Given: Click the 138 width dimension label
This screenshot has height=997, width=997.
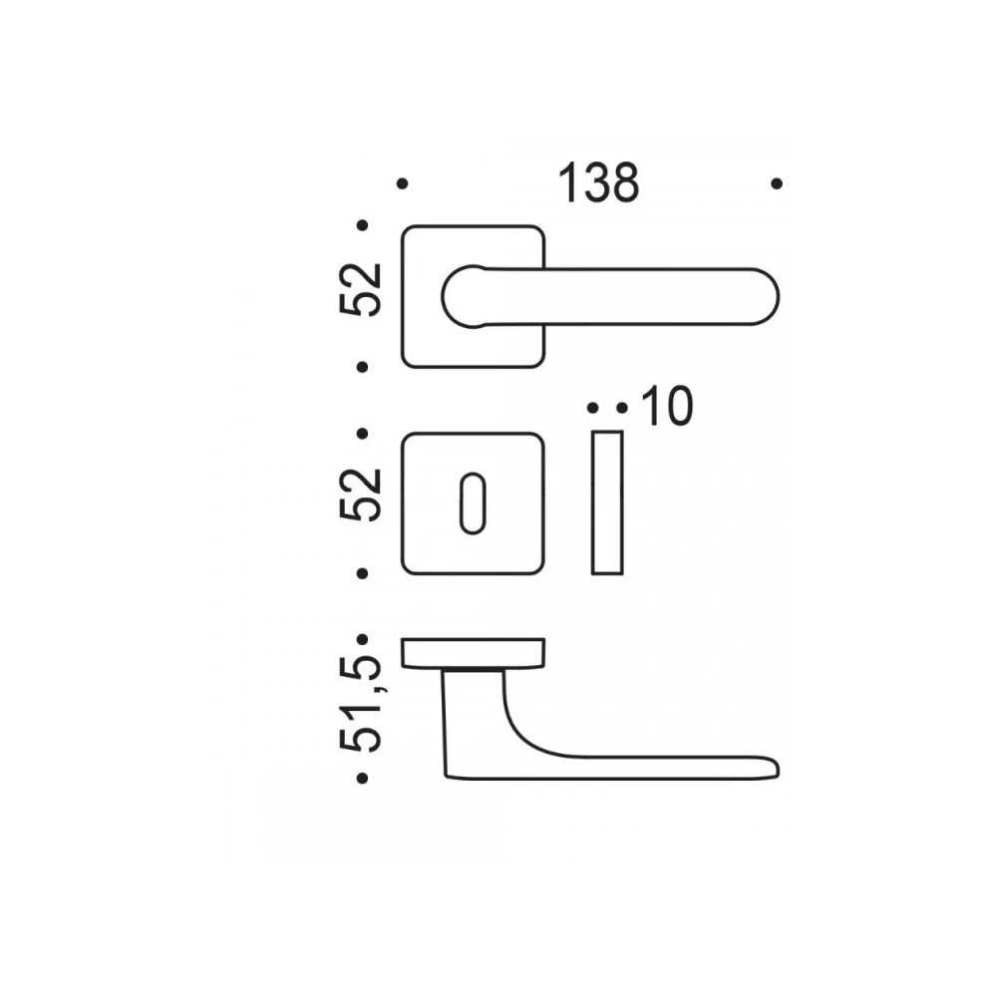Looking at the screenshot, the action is coord(597,183).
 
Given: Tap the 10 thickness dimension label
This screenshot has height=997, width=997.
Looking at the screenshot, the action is coord(667,407).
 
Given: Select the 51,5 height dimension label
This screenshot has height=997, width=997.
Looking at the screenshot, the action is coord(361,707).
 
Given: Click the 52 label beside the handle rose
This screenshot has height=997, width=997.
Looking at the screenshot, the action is coord(361,289).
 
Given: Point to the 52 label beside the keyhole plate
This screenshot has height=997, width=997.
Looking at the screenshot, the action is coord(361,495).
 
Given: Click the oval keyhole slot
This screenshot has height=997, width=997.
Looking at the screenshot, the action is coord(473,502).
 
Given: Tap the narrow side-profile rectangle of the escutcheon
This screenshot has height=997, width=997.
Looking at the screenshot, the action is coord(607,502).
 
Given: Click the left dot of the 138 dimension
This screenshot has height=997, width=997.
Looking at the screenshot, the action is coord(402,183).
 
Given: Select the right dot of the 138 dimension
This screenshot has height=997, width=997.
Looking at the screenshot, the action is coord(777,183).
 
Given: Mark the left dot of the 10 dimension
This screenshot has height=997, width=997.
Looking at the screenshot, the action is coord(592,408).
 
